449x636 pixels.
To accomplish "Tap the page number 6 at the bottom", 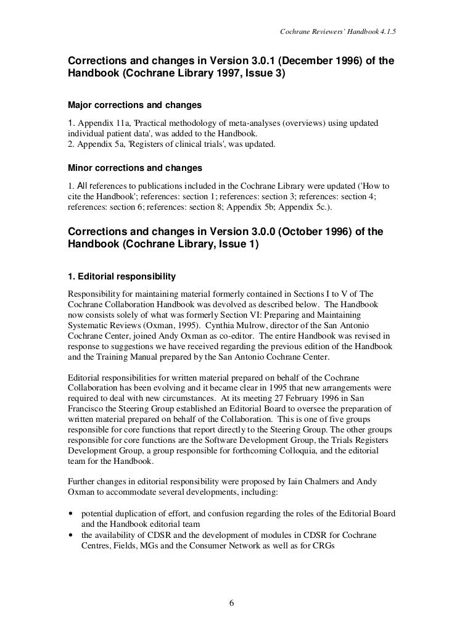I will [x=231, y=603].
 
